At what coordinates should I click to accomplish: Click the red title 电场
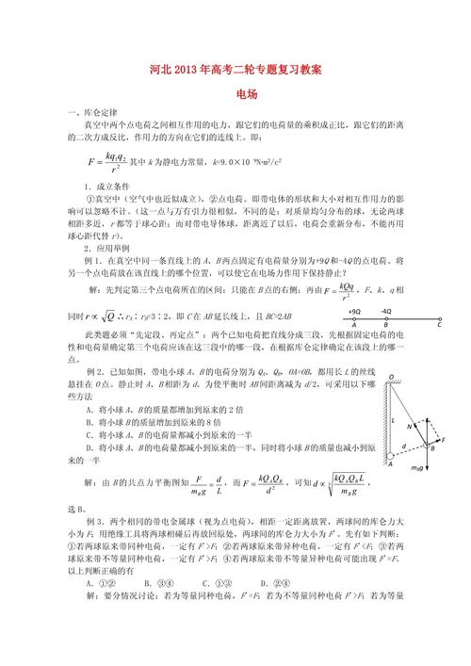pyautogui.click(x=247, y=94)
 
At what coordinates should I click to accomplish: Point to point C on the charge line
pyautogui.click(x=439, y=332)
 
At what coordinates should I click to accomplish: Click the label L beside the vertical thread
pyautogui.click(x=398, y=420)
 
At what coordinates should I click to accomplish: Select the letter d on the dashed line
pyautogui.click(x=406, y=446)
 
